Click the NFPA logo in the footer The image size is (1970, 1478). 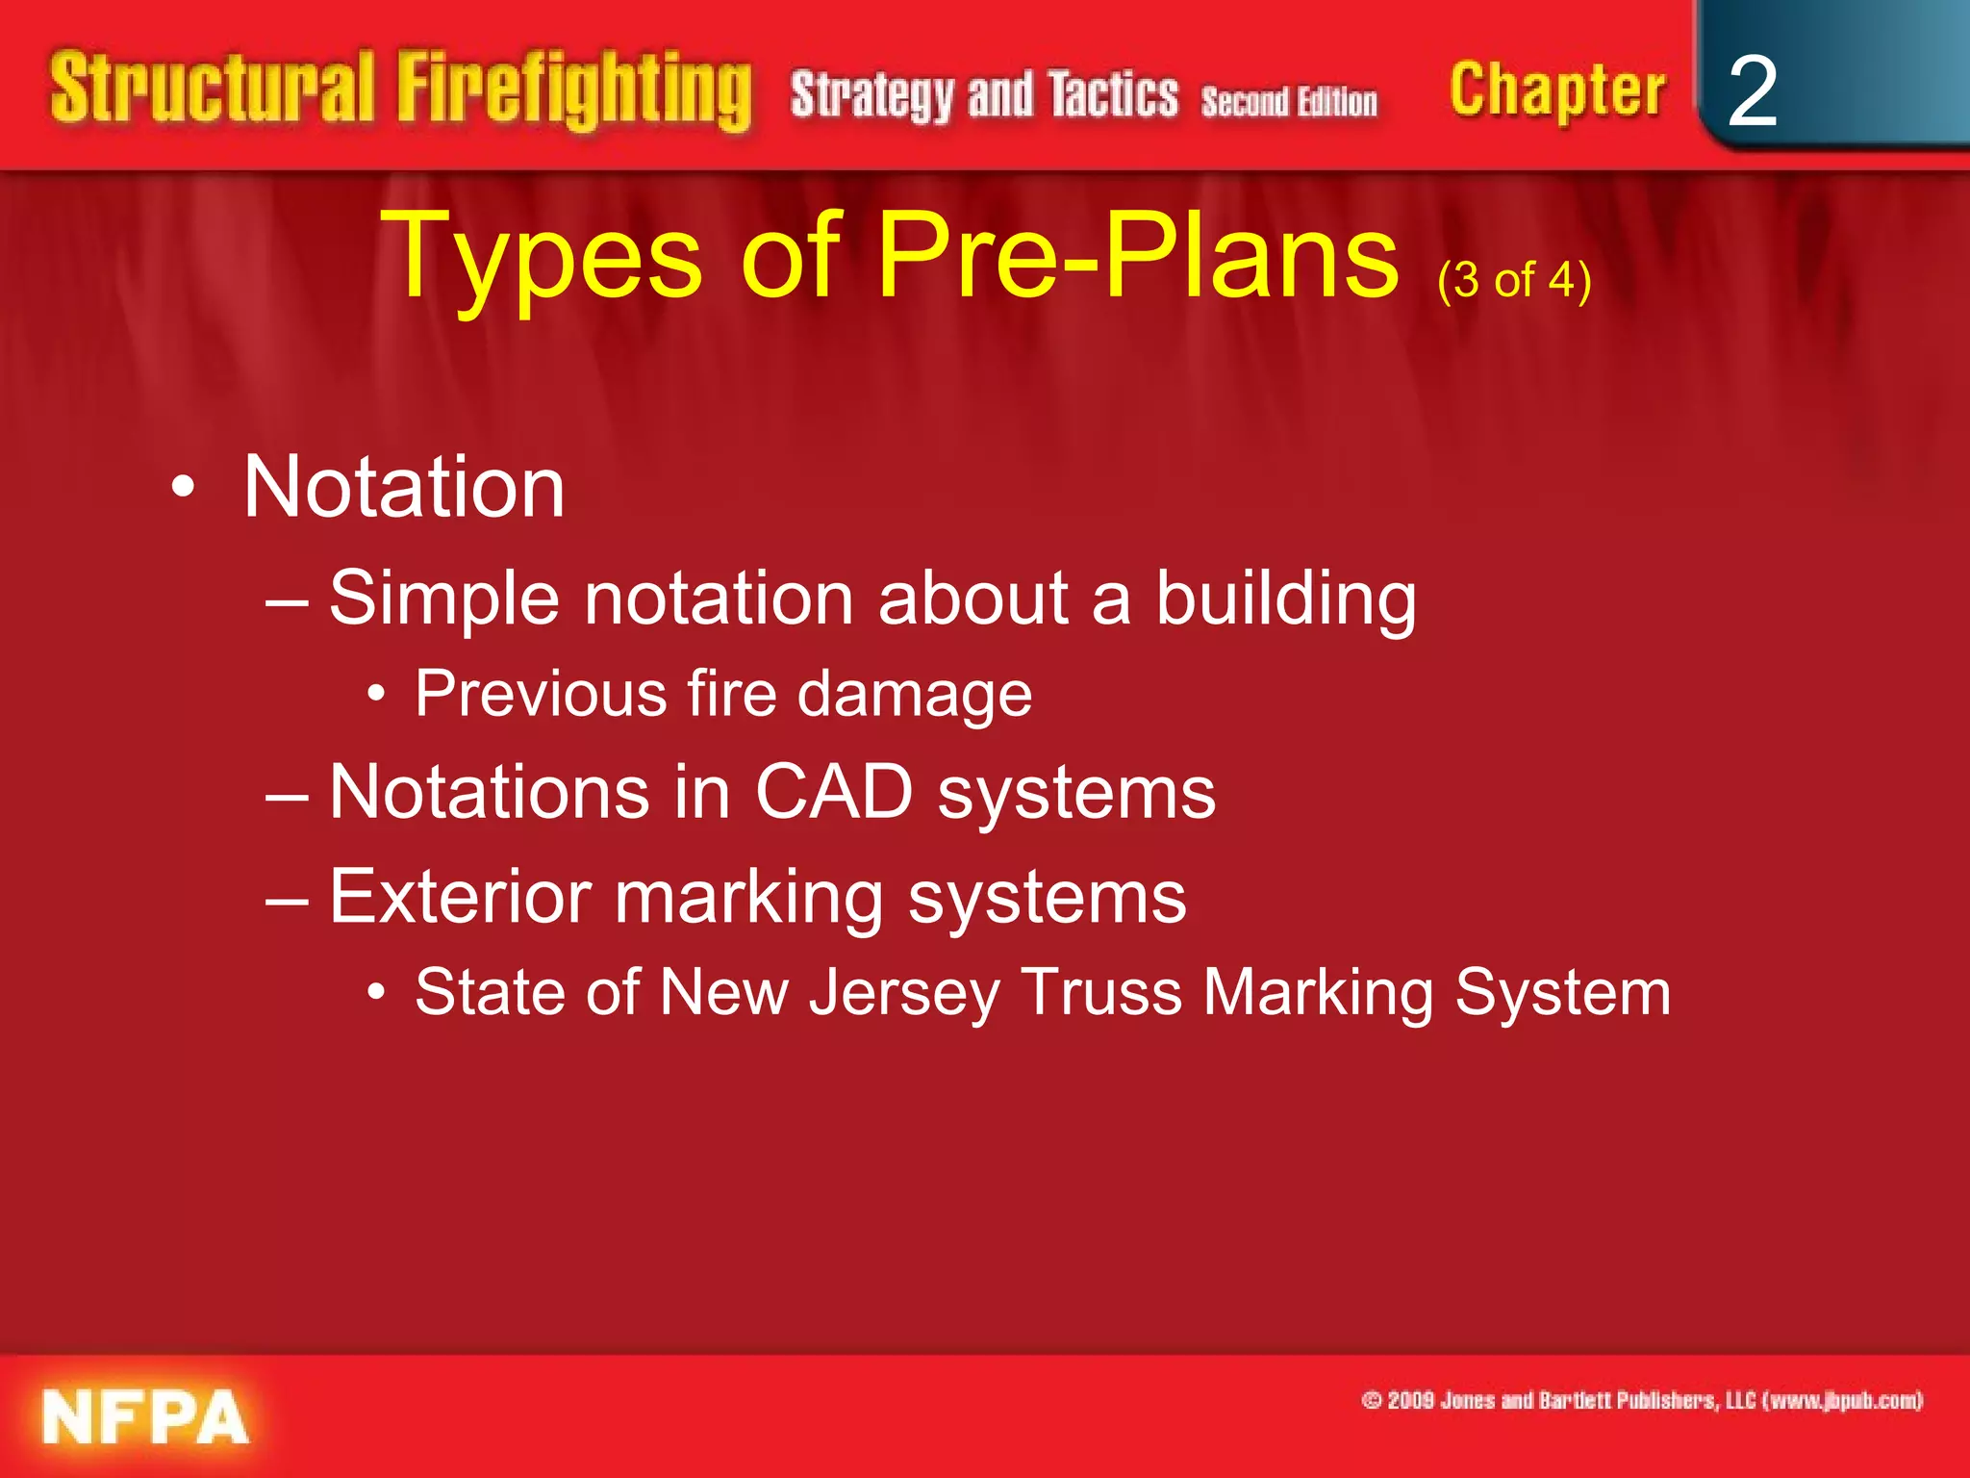(144, 1416)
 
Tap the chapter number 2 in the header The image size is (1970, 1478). (1752, 91)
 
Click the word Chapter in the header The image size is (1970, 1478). (1556, 91)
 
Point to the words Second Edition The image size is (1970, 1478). (1288, 101)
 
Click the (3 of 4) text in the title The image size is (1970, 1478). (1514, 280)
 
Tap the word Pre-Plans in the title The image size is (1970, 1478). (1138, 256)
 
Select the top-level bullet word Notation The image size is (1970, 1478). (403, 487)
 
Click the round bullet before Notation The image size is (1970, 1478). (183, 488)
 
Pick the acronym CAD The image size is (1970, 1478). (833, 792)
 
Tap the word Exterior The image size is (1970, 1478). (460, 897)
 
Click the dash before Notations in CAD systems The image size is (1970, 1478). (287, 795)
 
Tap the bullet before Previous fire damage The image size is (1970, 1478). (377, 693)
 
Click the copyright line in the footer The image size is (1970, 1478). (1641, 1400)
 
